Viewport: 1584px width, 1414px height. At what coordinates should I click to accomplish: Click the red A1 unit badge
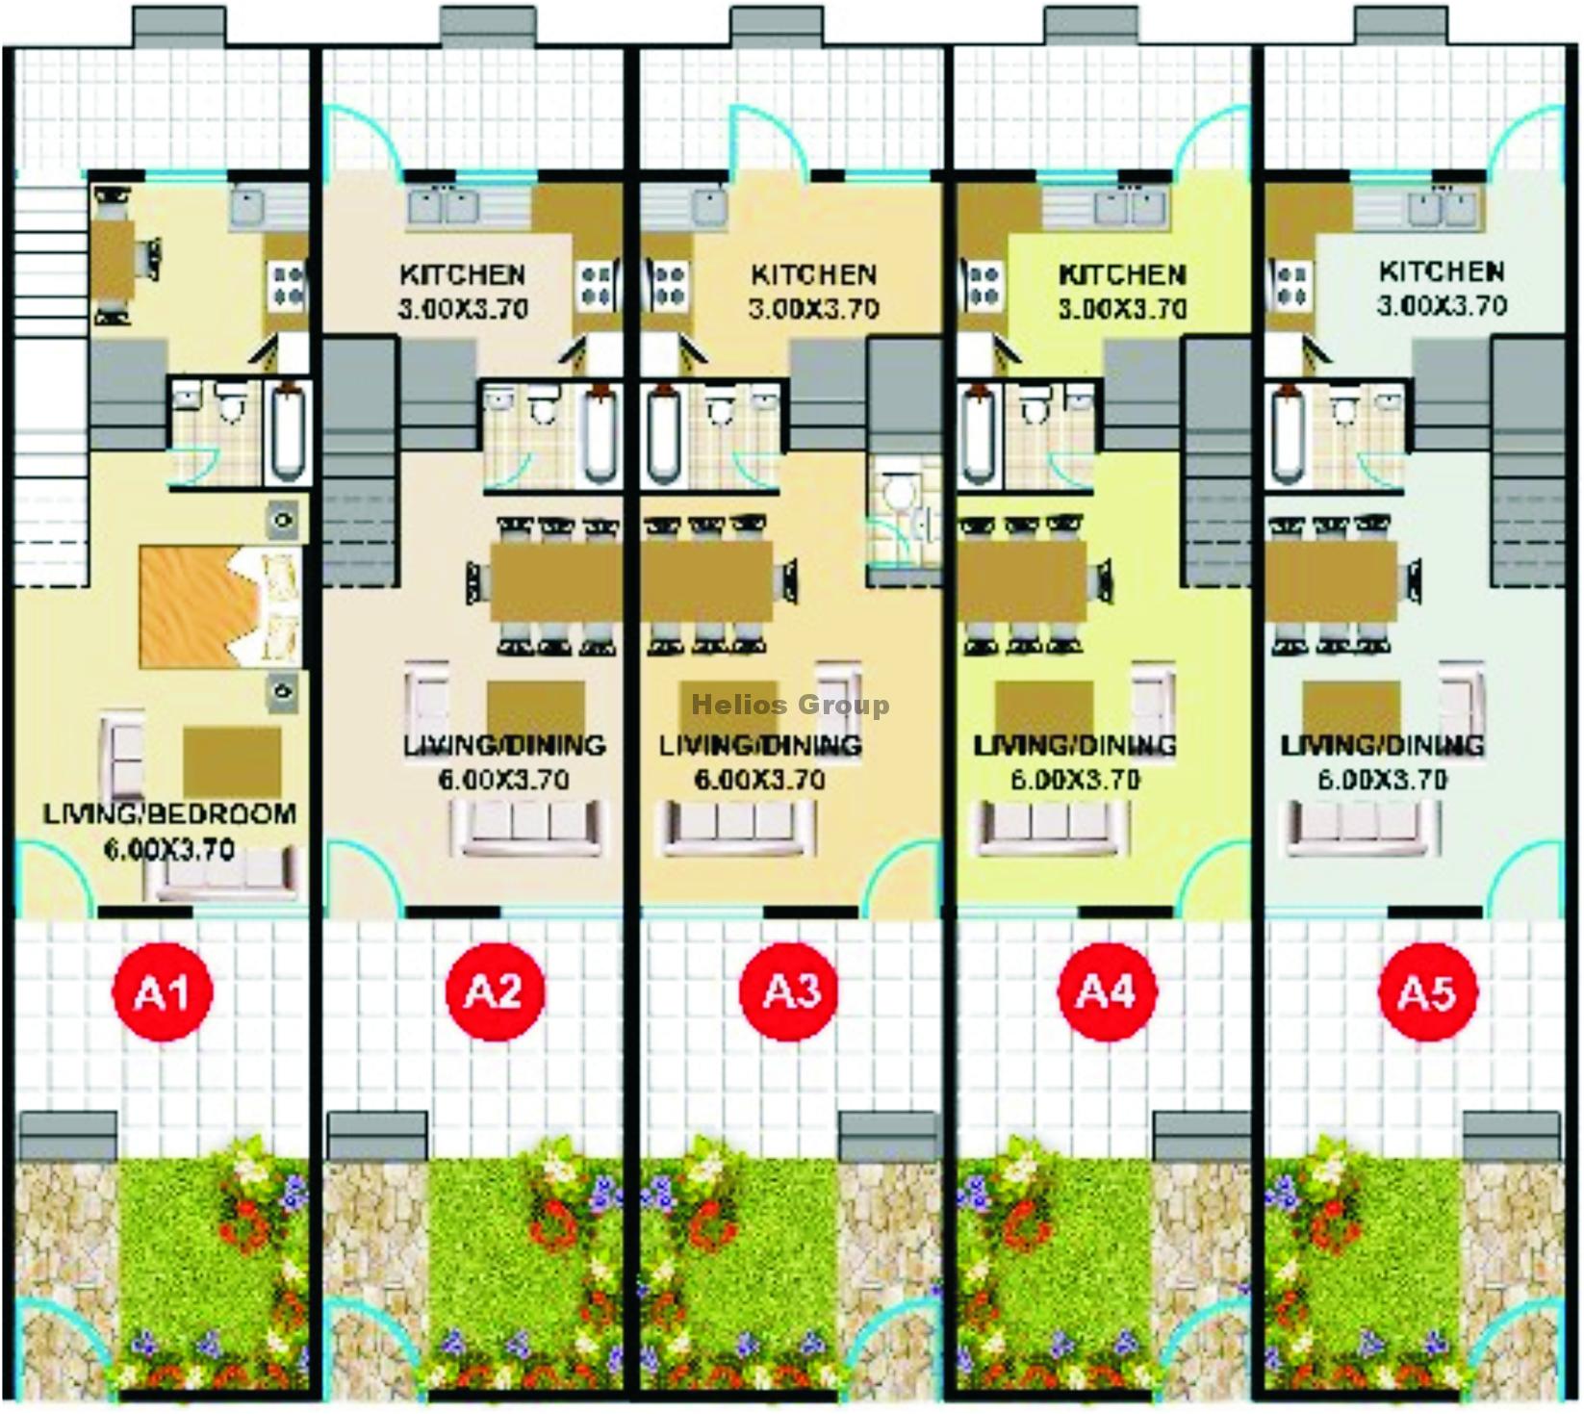164,991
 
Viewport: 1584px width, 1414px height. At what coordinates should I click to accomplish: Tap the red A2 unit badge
495,991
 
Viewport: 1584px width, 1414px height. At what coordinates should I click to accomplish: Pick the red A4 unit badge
1107,991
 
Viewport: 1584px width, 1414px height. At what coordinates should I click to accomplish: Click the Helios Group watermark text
790,706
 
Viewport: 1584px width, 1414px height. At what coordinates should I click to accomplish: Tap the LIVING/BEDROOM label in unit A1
169,814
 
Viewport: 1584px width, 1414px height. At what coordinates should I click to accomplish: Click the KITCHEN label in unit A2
463,275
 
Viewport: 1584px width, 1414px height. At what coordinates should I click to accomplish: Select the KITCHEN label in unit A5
1442,271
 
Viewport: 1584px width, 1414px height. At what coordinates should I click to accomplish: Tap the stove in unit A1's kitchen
287,286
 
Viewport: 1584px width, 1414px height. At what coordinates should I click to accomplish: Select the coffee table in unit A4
1044,709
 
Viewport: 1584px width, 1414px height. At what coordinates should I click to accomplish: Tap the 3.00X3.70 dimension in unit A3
814,310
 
